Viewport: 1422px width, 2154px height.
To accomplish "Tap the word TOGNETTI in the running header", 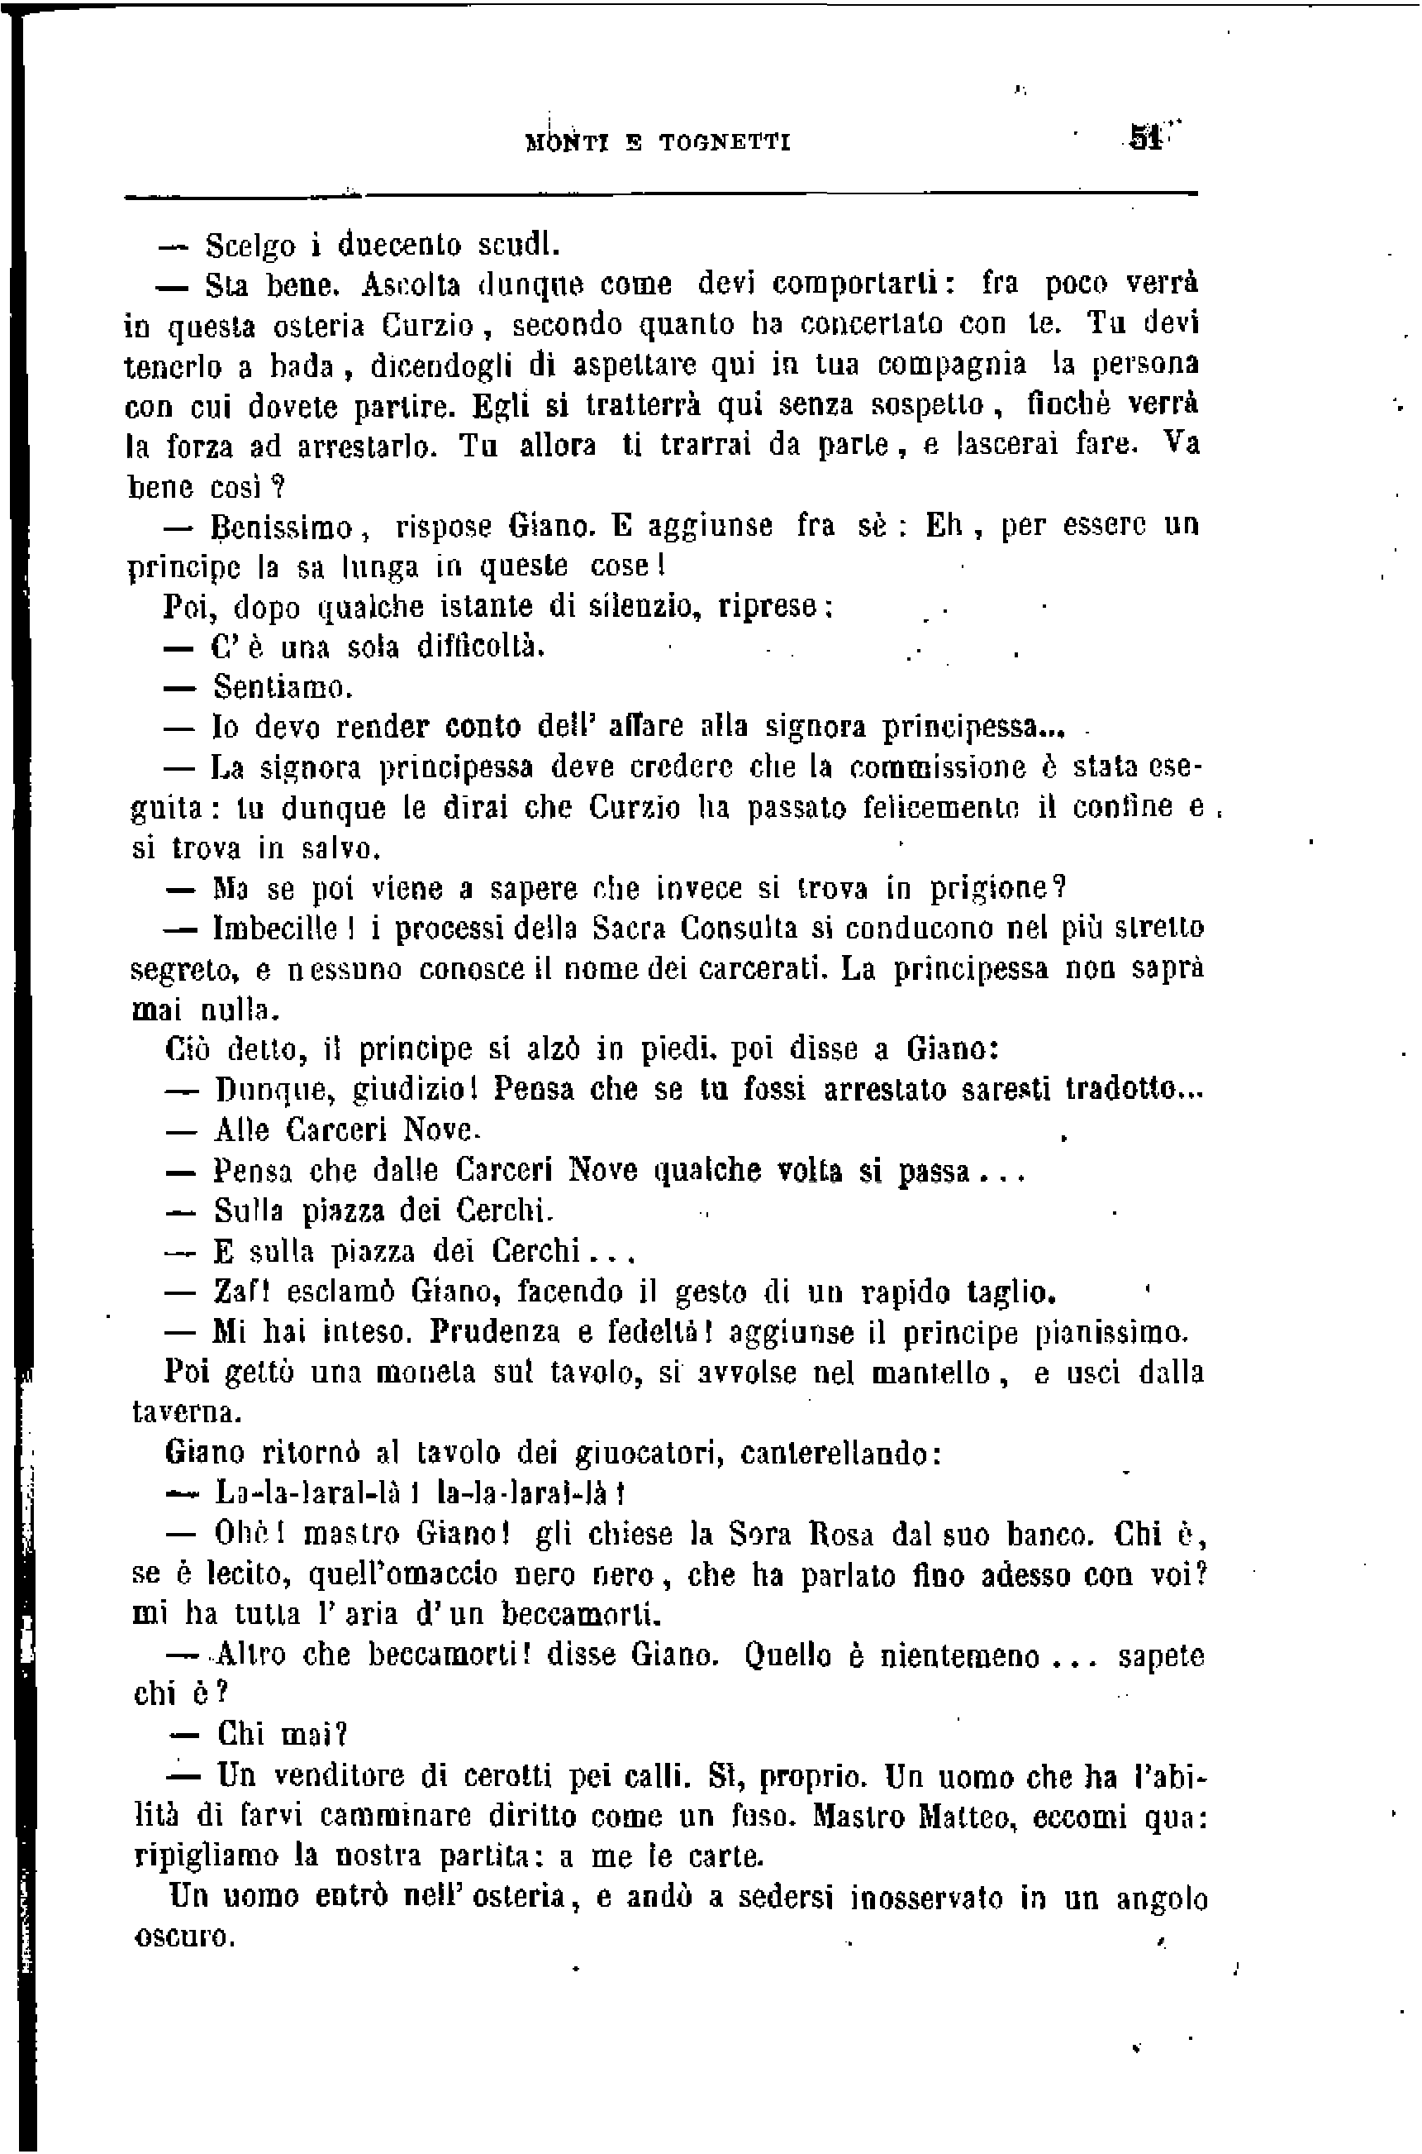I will coord(725,142).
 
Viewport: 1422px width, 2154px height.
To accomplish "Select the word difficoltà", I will coord(481,647).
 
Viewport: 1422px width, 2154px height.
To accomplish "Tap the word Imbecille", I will coord(276,929).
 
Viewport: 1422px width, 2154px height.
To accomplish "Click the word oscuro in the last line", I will coord(184,1937).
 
